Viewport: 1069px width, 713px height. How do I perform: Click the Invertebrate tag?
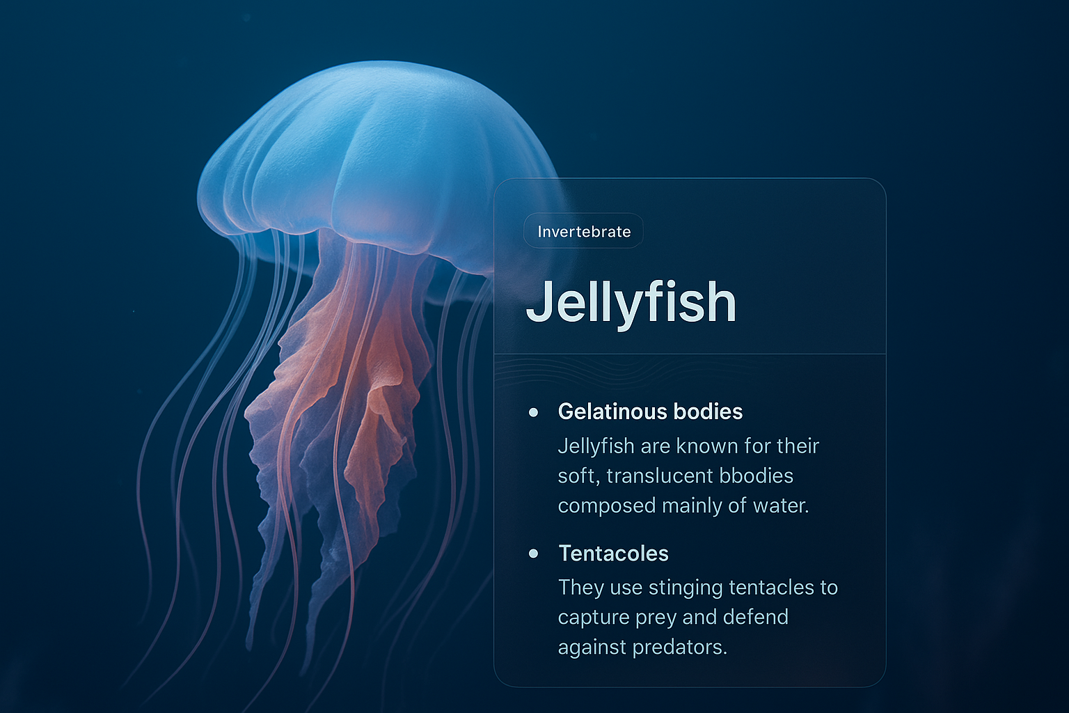coord(583,231)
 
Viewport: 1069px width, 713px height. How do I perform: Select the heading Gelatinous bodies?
coord(650,412)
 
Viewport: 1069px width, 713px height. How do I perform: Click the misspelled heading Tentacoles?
coord(613,554)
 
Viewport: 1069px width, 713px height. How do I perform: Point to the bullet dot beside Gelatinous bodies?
coord(534,412)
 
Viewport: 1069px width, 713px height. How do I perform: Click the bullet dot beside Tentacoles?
coord(534,554)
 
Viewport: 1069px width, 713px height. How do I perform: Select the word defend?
coord(755,617)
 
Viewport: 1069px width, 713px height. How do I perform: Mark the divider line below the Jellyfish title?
coord(690,354)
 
